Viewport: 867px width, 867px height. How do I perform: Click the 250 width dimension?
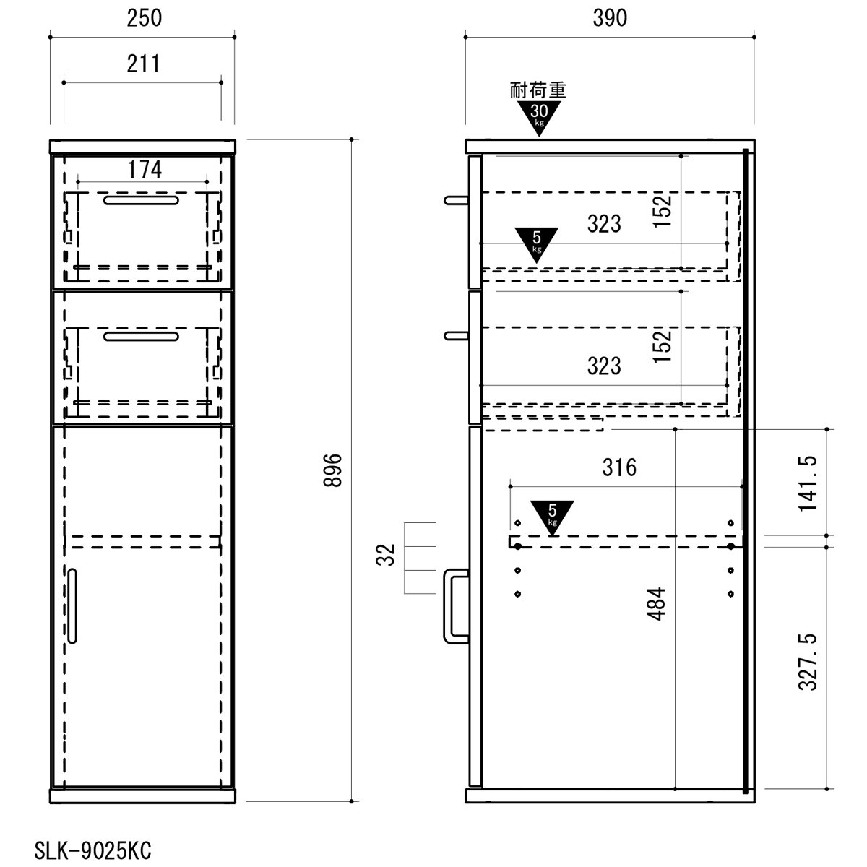[x=144, y=19]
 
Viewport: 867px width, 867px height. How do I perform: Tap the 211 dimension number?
[x=144, y=64]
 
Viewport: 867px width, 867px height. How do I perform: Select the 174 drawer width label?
[x=144, y=170]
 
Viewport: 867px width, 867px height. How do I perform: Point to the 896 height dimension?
[x=333, y=470]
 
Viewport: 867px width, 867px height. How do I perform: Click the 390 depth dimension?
[x=610, y=19]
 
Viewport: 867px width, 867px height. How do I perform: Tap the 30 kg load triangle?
[x=538, y=118]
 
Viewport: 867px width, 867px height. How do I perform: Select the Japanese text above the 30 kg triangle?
[x=538, y=90]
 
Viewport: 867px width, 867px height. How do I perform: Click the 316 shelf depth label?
[x=619, y=467]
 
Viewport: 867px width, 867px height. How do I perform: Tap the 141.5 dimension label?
[x=808, y=483]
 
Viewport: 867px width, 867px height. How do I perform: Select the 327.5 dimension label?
[x=808, y=661]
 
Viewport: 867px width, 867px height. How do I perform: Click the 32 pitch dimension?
[x=385, y=555]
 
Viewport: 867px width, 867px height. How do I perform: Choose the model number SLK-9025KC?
[x=92, y=851]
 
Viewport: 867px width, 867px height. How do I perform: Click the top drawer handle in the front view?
[x=141, y=199]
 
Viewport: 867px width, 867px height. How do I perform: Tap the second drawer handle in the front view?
[x=141, y=336]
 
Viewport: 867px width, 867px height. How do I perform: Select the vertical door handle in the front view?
[x=72, y=605]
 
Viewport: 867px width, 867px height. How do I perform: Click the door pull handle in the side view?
[x=455, y=606]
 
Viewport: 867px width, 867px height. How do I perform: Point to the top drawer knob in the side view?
[x=456, y=200]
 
